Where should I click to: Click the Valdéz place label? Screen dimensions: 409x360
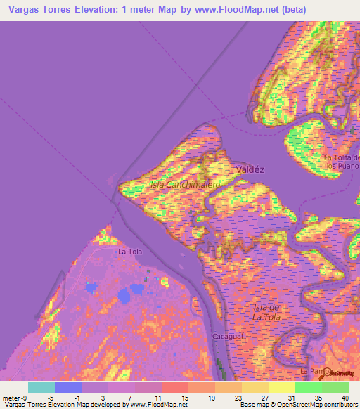click(x=250, y=169)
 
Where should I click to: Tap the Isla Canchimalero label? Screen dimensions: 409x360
click(x=184, y=184)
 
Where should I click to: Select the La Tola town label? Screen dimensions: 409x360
click(x=130, y=252)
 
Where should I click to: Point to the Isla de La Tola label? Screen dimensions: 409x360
click(x=267, y=313)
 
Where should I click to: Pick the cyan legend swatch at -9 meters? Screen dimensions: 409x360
click(x=41, y=387)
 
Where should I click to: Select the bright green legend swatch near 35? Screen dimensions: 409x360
click(x=308, y=387)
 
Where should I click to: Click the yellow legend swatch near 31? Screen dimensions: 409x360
click(x=282, y=387)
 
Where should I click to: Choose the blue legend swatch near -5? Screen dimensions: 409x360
click(x=68, y=387)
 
